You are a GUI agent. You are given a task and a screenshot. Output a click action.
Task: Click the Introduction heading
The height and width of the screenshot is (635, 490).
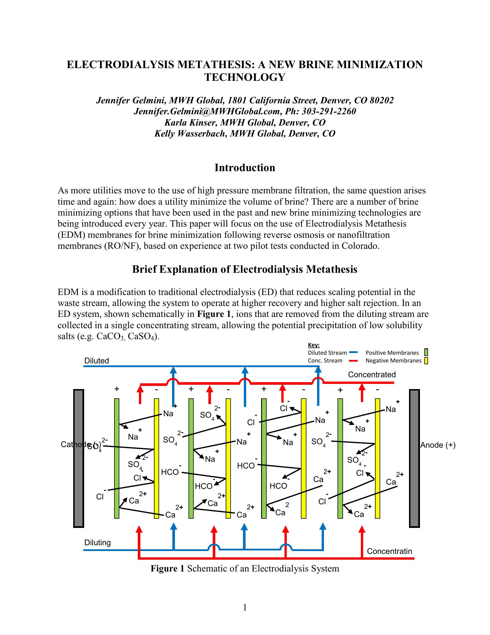coord(245,168)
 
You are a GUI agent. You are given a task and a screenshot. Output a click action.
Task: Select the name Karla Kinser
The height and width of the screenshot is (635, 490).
coord(191,122)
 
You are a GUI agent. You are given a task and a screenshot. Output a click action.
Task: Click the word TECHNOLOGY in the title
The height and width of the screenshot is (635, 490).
coord(245,77)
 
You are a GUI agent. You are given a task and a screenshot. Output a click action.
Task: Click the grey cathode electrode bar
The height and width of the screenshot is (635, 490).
coord(78,458)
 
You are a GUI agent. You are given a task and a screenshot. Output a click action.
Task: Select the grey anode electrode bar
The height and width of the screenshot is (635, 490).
coord(414,458)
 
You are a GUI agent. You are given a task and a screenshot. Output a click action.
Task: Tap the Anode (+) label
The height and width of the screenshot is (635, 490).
coord(438,445)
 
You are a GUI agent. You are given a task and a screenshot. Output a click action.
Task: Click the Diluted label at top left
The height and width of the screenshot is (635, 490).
coord(96,361)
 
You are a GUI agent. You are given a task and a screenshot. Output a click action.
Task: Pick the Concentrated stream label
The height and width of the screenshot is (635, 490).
coord(372,375)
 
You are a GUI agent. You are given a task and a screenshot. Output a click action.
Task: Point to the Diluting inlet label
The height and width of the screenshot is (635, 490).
coord(97,543)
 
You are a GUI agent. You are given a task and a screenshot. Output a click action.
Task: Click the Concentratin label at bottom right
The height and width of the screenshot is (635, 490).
coord(389,551)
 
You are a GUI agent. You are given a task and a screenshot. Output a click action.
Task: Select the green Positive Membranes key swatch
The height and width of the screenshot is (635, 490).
coord(426,352)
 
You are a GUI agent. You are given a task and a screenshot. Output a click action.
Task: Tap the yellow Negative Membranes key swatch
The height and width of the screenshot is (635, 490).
coord(426,361)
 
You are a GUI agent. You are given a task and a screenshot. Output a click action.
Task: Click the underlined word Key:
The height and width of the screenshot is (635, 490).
coord(314,345)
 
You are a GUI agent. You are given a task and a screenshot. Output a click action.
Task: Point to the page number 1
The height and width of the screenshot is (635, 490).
coord(245,607)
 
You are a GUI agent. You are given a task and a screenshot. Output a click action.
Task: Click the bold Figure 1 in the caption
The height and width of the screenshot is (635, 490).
coord(167,568)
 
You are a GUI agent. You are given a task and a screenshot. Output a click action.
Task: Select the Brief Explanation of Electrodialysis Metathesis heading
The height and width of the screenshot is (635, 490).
coord(245,270)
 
